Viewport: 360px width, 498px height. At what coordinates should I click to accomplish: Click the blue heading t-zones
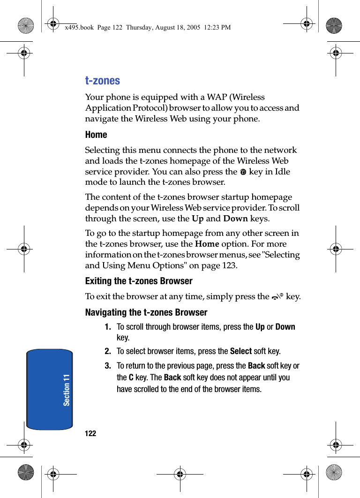click(x=102, y=81)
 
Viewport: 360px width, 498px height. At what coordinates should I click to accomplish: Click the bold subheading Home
click(x=96, y=135)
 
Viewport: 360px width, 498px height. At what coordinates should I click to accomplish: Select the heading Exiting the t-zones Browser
click(x=139, y=281)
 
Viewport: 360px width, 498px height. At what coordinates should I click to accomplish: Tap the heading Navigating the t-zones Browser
click(x=146, y=313)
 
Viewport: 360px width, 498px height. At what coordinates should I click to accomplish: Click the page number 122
click(x=90, y=434)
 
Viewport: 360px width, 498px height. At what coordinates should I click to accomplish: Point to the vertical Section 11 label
click(x=67, y=390)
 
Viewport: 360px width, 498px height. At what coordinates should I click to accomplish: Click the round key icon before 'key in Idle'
click(x=243, y=172)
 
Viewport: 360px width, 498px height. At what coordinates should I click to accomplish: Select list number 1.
click(x=108, y=327)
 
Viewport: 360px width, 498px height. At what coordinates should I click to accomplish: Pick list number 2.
click(x=108, y=351)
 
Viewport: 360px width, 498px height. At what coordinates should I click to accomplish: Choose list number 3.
click(x=108, y=366)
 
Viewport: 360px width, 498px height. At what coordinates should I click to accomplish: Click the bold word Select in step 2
click(x=241, y=351)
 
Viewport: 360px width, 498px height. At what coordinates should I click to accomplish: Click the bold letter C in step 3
click(x=131, y=377)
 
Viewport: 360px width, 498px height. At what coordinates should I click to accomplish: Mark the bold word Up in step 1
click(x=260, y=327)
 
